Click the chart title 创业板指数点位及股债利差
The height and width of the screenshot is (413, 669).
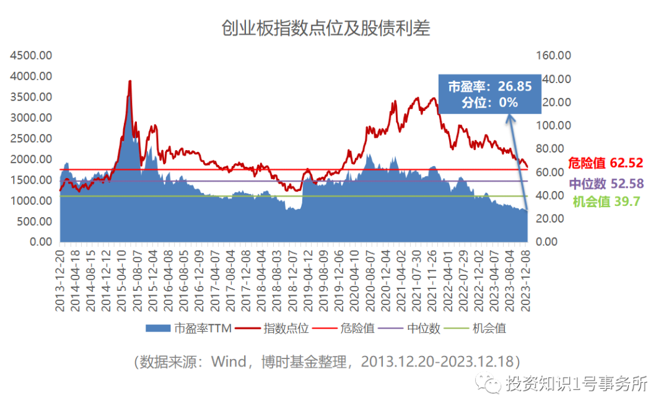coord(326,28)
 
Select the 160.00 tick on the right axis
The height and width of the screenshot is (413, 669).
coord(552,55)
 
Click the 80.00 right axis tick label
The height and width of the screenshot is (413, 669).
coord(552,149)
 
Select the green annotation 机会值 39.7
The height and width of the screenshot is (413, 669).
coord(606,202)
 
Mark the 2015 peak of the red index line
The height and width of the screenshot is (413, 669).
coord(129,81)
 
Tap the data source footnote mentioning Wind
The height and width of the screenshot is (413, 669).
coord(326,362)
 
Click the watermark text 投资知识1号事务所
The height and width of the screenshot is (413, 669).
coord(576,384)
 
